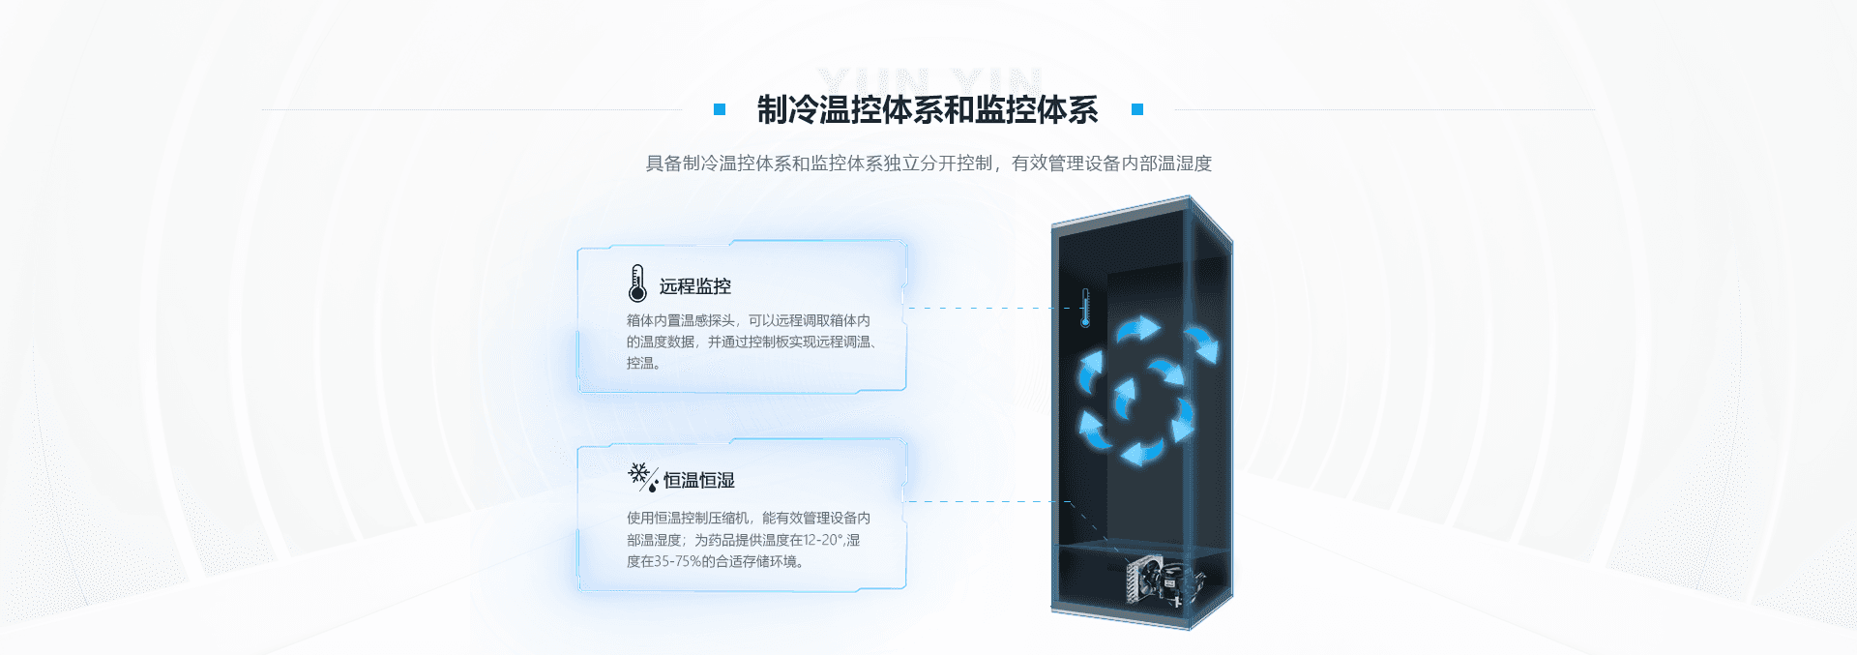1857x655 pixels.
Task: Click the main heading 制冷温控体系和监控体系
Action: coord(927,110)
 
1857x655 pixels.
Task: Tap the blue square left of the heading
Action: coord(720,109)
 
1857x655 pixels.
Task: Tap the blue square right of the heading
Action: coord(1137,109)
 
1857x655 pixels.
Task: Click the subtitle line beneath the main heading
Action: coord(928,164)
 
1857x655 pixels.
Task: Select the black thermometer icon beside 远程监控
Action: coord(636,283)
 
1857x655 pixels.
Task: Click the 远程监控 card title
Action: coord(695,286)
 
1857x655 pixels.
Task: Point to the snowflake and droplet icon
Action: coord(641,476)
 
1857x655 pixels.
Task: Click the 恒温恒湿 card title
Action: coord(699,481)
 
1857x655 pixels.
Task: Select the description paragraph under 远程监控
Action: coord(750,342)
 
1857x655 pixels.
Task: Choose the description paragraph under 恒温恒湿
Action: coord(748,540)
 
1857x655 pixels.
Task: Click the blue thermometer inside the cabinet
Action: coord(1085,308)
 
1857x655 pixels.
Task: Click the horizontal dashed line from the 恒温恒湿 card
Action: coord(987,501)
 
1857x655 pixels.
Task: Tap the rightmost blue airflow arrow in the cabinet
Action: coord(1202,342)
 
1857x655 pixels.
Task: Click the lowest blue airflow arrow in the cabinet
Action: coord(1142,452)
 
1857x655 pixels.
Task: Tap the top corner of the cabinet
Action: coord(1191,198)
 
